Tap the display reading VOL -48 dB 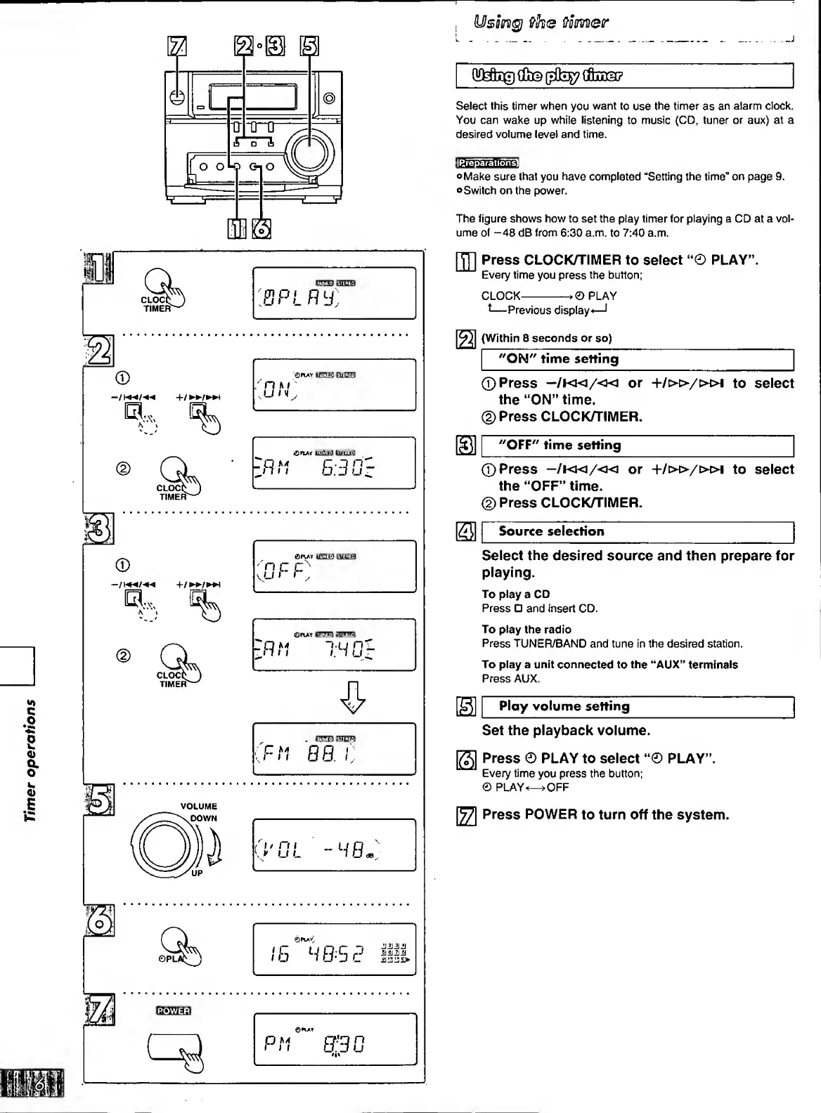[x=334, y=845]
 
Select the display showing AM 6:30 [x=334, y=463]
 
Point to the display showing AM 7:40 [x=334, y=644]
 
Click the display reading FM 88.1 [x=334, y=749]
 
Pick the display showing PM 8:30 [x=334, y=1039]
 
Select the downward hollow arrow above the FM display [x=353, y=697]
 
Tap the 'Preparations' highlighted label [x=487, y=162]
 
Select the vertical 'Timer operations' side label [x=30, y=760]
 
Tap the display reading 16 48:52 [x=334, y=949]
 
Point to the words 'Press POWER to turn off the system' [x=605, y=815]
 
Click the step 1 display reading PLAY [x=334, y=293]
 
